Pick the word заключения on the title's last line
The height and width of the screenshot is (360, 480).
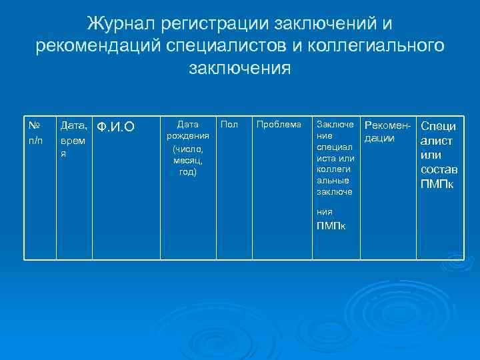coord(240,68)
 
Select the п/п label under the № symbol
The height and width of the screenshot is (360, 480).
coord(36,141)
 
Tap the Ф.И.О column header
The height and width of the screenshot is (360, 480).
coord(116,127)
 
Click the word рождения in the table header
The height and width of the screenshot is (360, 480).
coord(188,135)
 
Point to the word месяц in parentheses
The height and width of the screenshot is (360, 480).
coord(188,160)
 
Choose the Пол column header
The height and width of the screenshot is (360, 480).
coord(228,124)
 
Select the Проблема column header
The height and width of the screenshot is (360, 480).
coord(279,124)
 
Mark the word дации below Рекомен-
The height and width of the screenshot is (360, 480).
coord(380,138)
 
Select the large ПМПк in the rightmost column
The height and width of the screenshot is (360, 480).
coord(437,183)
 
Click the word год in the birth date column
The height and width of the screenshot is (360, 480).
coord(187,172)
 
